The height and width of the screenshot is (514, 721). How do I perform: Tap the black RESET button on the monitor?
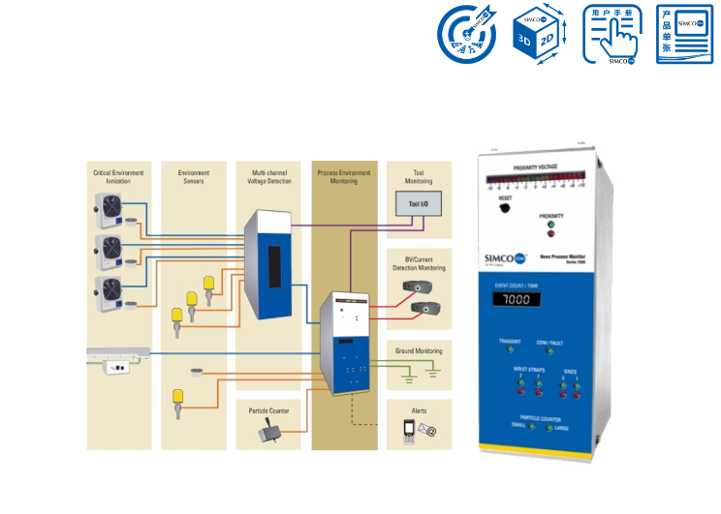505,208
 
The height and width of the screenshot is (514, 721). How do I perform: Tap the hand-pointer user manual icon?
611,36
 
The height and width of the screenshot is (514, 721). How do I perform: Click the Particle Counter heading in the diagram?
268,410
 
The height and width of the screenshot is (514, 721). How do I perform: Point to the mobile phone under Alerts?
396,436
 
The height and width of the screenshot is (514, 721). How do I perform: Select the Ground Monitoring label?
418,351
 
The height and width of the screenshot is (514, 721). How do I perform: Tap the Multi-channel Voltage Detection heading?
268,176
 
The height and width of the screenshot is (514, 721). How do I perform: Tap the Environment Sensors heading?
194,176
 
